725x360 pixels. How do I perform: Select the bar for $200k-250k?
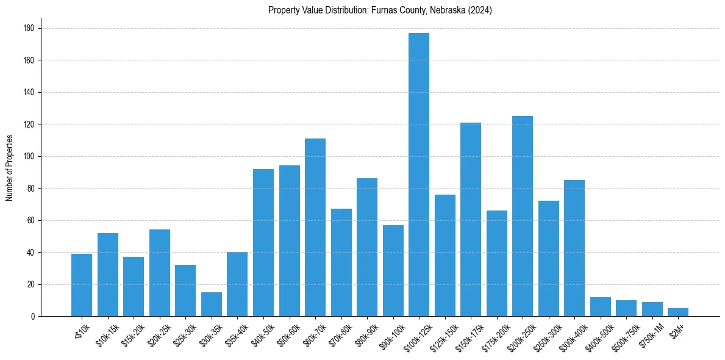tap(522, 216)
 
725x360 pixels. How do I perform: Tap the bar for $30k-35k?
tap(212, 304)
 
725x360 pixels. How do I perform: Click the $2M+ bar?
tap(677, 312)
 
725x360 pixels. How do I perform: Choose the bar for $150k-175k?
tap(470, 220)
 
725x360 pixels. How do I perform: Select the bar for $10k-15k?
tap(108, 275)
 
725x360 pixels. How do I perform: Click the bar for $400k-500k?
tap(600, 307)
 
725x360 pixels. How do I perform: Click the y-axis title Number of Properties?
tap(9, 168)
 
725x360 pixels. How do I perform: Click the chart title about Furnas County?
tap(380, 10)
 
